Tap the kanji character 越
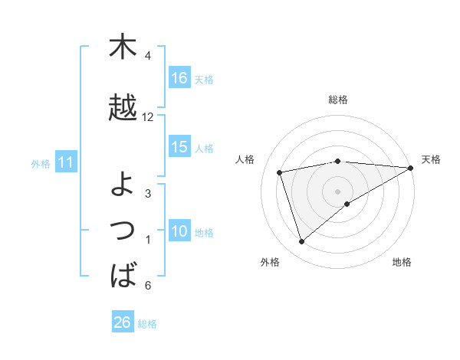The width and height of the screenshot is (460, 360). [123, 108]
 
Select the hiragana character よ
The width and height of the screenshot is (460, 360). [123, 183]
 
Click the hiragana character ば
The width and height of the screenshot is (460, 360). [123, 274]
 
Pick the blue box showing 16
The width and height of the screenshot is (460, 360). [179, 78]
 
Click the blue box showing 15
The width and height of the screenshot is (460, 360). [179, 148]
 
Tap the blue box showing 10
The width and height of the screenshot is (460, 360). [179, 232]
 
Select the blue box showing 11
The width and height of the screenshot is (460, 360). [65, 162]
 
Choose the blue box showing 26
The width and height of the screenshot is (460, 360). [123, 322]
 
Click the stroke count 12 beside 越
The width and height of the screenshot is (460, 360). [148, 117]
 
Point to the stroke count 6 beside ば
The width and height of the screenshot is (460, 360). [148, 286]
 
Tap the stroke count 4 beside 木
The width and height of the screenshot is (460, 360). [148, 56]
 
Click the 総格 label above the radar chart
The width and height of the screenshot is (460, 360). [338, 100]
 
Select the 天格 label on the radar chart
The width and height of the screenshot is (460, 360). [431, 159]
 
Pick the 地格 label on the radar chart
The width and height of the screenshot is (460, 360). [402, 262]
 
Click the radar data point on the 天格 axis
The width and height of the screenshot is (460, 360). [411, 167]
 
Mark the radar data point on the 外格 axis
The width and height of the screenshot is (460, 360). [301, 242]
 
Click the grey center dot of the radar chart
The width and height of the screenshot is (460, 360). [338, 190]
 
